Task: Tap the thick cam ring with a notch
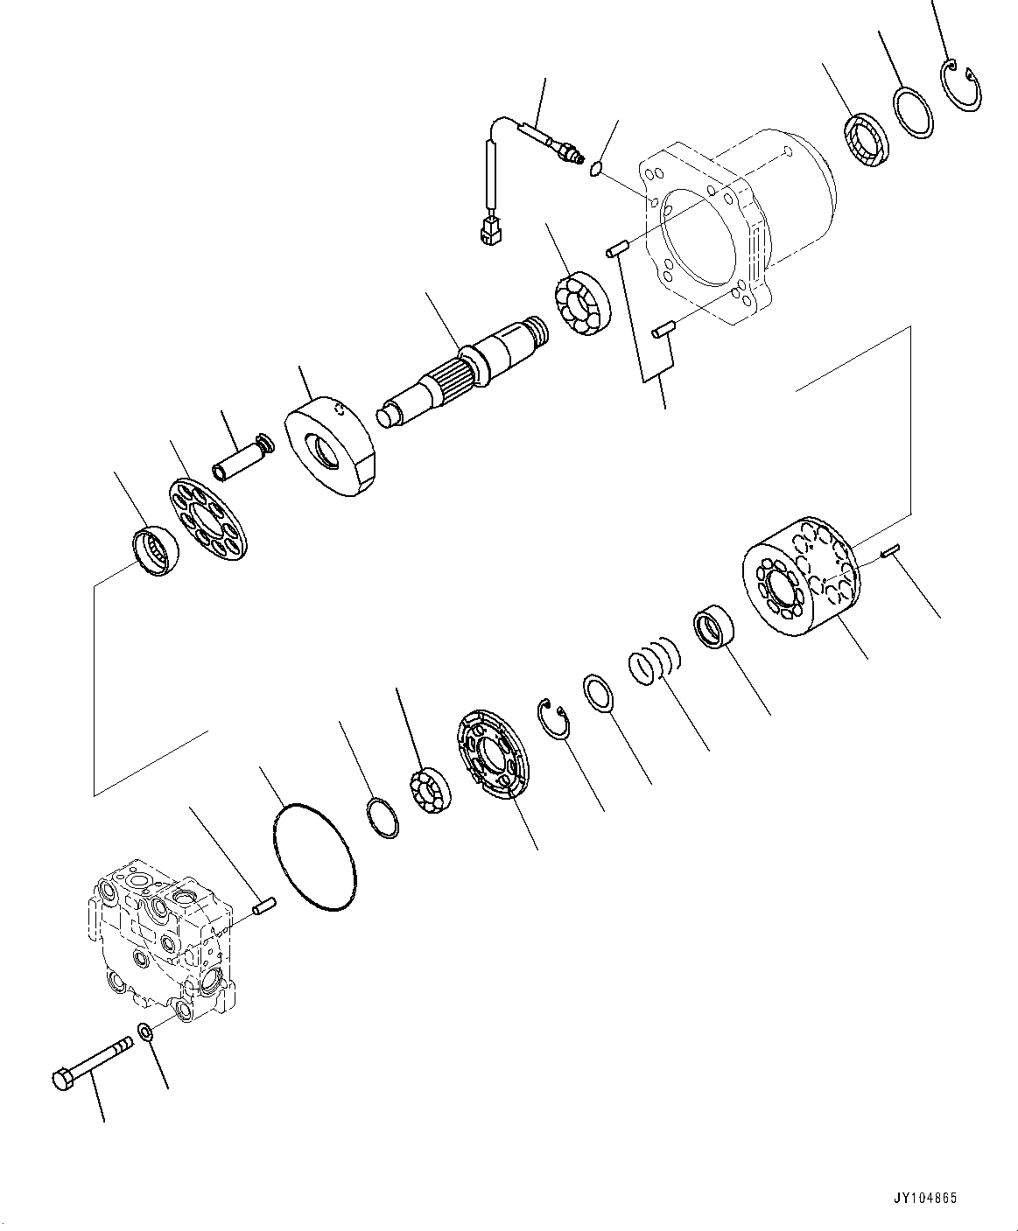point(333,445)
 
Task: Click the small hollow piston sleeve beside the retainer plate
point(242,458)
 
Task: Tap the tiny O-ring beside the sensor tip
point(597,168)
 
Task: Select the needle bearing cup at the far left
point(154,552)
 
